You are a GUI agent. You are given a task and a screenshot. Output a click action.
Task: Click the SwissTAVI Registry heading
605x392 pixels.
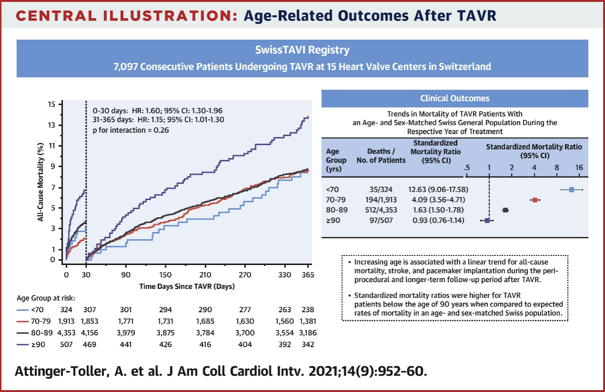coord(302,50)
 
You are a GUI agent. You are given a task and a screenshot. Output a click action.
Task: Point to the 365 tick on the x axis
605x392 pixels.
coord(308,275)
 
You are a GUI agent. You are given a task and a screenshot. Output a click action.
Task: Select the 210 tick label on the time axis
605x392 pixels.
coord(205,275)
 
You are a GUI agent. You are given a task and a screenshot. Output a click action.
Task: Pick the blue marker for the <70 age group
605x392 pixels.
coord(572,190)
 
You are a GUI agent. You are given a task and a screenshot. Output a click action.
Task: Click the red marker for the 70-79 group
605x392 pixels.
coord(535,200)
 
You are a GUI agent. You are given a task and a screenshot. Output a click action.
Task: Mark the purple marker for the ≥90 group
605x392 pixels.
coord(487,221)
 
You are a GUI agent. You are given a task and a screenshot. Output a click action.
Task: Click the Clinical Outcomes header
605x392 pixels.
coord(454,98)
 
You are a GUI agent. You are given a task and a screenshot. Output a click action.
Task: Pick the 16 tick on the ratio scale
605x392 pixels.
coord(579,168)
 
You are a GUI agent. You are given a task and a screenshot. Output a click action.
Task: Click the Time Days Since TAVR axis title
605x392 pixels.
coord(187,286)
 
